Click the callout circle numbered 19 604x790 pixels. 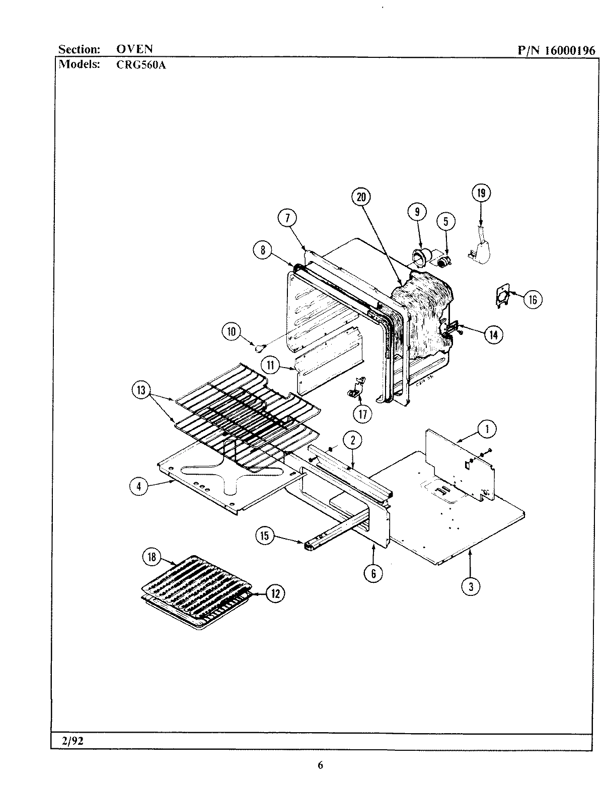tap(481, 194)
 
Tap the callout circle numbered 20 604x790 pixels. tap(361, 197)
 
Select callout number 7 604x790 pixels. tap(287, 218)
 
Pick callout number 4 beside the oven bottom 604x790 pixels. tap(138, 486)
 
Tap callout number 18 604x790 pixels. tap(152, 557)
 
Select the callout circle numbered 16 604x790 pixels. tap(533, 300)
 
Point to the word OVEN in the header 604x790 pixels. tap(134, 49)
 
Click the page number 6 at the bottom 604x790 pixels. tap(320, 765)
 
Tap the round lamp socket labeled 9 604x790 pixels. tap(419, 257)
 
